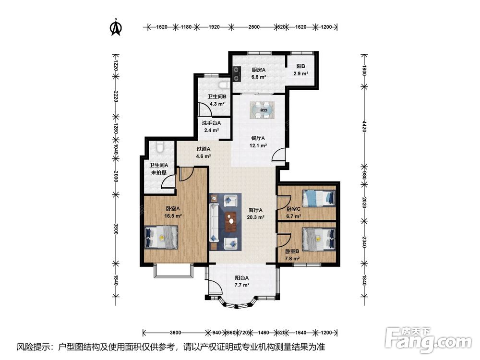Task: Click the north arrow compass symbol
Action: [x=116, y=27]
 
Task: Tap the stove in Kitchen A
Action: [x=236, y=74]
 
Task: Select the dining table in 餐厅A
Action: [x=262, y=110]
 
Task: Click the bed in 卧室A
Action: [x=161, y=237]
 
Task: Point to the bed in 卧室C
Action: [x=319, y=198]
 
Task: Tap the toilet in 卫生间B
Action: [x=224, y=85]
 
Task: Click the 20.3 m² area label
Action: [x=256, y=217]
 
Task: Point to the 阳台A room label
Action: [x=242, y=278]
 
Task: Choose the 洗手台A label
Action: [x=211, y=123]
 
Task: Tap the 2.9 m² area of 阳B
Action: [x=300, y=73]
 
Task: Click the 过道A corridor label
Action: [x=203, y=149]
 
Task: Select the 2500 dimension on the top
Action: [x=254, y=27]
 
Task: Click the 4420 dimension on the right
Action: [x=364, y=127]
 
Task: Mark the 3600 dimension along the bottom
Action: [x=175, y=333]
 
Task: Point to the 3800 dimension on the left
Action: [x=116, y=229]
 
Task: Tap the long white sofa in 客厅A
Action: [x=214, y=222]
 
